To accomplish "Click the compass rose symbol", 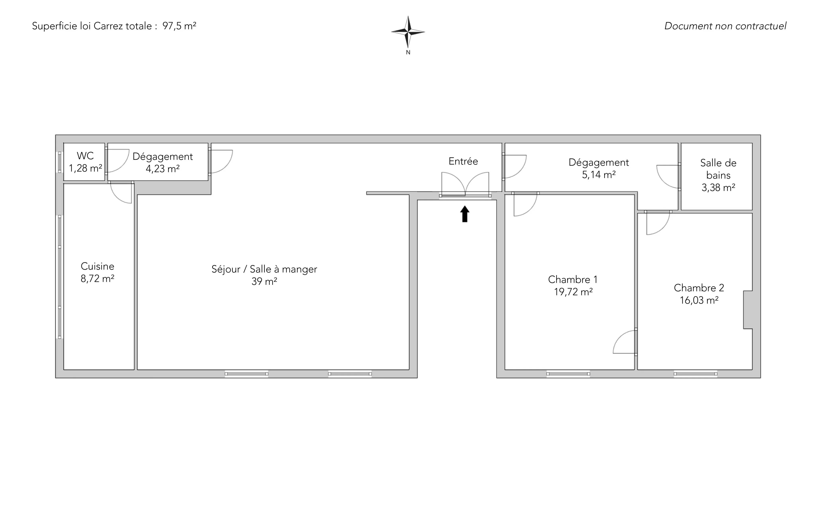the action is coord(408,32).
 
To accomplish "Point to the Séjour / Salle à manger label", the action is coord(264,269).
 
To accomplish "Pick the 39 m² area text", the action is coord(264,281).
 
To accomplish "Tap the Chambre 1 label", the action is coord(573,280).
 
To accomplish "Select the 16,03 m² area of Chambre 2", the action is coord(699,300).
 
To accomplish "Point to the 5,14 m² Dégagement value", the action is coord(599,175).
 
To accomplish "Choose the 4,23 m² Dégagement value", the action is coord(163,169).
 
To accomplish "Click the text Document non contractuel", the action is coord(725,26).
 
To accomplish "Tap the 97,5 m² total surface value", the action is coord(179,26).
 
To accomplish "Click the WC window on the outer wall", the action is coord(60,162).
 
